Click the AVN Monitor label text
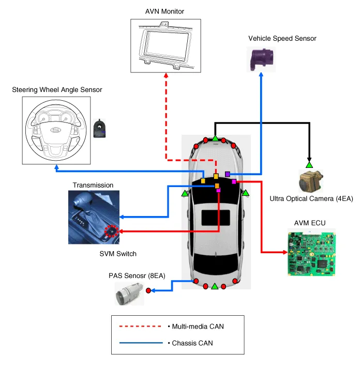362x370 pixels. point(165,12)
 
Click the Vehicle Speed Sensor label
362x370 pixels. point(282,38)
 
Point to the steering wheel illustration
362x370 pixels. point(53,130)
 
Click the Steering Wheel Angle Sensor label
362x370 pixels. point(57,90)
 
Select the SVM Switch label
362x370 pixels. point(118,254)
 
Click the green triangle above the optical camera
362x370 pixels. point(309,165)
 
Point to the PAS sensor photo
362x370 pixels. point(128,295)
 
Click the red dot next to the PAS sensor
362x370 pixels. point(148,291)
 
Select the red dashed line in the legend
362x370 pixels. point(139,327)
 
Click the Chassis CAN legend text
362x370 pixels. point(193,343)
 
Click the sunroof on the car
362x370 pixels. point(215,217)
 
